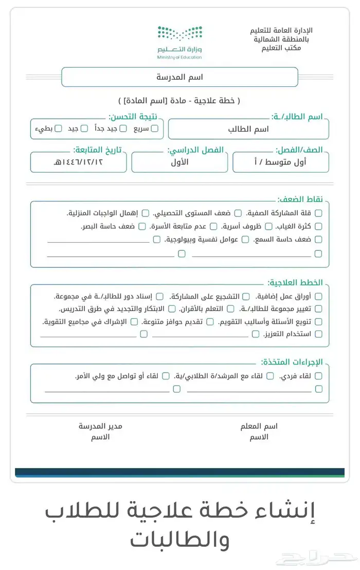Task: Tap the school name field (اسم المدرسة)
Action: [x=179, y=77]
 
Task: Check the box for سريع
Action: [x=154, y=128]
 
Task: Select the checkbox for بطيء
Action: [x=58, y=128]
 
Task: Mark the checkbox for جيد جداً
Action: [x=123, y=128]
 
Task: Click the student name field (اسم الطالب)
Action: [x=248, y=129]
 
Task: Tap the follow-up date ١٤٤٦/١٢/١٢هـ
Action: [x=78, y=162]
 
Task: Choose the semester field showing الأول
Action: [x=179, y=162]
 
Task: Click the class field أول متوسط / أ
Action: [x=281, y=162]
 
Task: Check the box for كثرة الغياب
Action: [x=318, y=226]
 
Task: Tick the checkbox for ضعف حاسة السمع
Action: [x=318, y=240]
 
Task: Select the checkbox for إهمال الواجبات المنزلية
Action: [x=146, y=213]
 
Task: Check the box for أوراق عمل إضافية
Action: [x=318, y=296]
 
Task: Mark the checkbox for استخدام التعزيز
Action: [x=318, y=334]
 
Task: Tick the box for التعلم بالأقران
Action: [x=230, y=309]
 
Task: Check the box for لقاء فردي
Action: [x=318, y=376]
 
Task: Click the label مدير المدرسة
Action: [x=100, y=426]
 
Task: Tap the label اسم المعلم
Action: [x=259, y=426]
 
